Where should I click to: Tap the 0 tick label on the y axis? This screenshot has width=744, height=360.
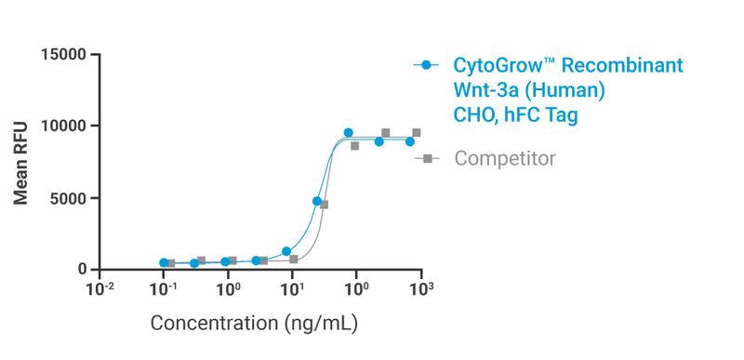[83, 270]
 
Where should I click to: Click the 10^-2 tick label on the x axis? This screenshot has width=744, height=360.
[100, 288]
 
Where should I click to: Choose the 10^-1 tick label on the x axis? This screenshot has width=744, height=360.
[165, 288]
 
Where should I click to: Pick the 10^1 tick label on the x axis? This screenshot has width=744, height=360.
[292, 288]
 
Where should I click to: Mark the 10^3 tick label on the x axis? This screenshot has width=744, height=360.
[421, 288]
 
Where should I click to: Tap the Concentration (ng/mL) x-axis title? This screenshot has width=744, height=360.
[254, 324]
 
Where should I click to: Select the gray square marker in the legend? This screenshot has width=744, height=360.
[426, 159]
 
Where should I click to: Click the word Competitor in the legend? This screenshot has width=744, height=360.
[505, 159]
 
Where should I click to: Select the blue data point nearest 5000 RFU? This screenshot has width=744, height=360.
[317, 201]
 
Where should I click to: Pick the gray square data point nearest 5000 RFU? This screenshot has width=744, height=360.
[324, 205]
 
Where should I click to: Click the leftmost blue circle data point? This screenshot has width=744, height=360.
[164, 263]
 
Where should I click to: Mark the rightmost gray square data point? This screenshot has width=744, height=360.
[416, 133]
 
